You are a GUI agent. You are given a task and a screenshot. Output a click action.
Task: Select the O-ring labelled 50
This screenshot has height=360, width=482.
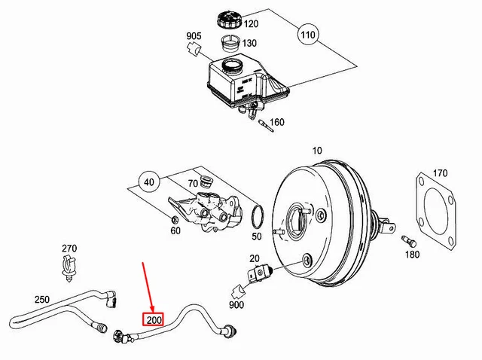pos(256,216)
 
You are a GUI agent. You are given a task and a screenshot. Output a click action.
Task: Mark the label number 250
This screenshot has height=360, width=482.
pos(41,299)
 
